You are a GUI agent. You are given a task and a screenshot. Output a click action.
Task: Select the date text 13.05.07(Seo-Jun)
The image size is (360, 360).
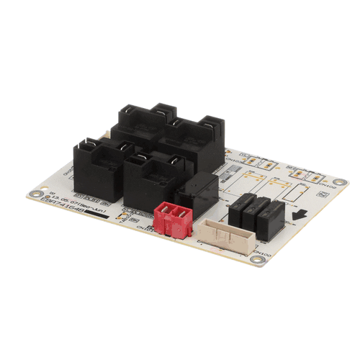[x=69, y=200]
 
